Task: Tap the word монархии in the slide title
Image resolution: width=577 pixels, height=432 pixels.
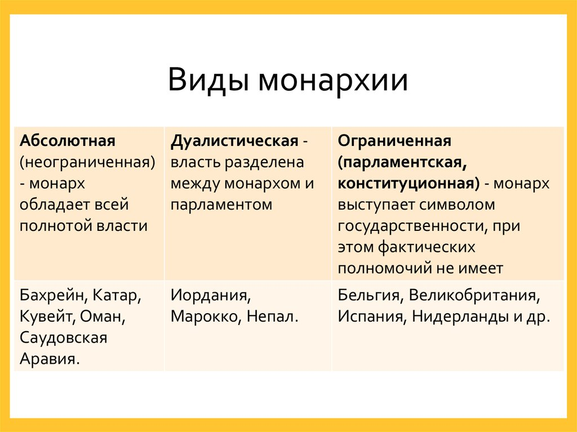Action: point(332,79)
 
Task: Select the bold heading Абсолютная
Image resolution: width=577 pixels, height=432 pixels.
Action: point(67,140)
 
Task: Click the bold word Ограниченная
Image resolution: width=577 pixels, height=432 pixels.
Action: point(394,140)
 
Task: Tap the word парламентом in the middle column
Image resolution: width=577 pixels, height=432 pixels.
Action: point(221,204)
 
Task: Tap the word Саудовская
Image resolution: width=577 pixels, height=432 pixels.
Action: point(63,338)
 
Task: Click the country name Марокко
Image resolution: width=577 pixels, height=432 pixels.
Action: point(206,317)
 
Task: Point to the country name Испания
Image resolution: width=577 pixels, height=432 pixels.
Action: point(371,317)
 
